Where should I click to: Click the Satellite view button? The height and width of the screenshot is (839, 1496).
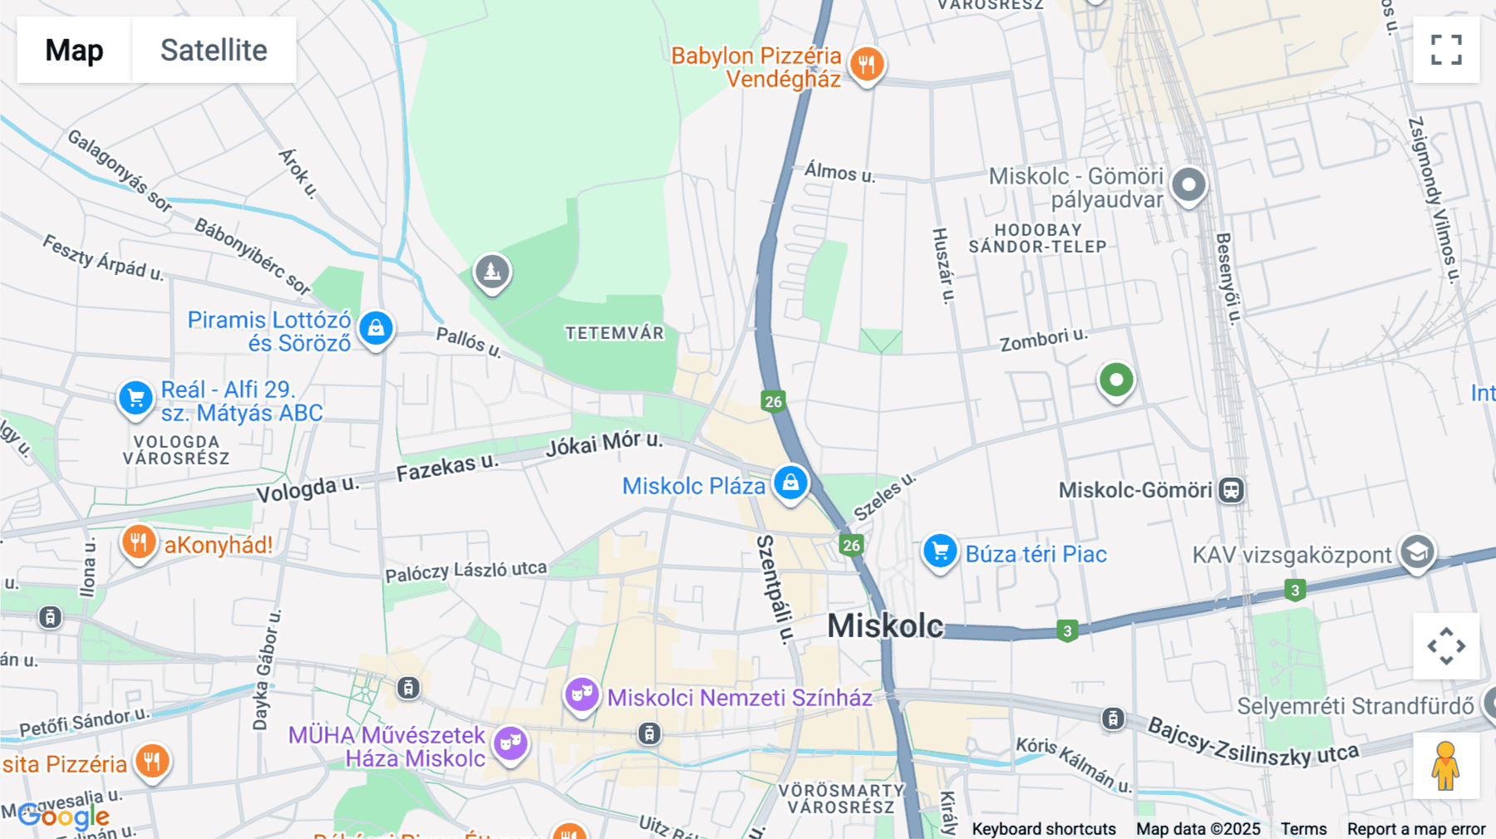[214, 50]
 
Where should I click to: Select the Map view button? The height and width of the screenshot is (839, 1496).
[74, 50]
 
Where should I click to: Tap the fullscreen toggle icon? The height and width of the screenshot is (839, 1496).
[1446, 50]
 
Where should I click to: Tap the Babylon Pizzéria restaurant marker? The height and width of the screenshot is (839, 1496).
[867, 63]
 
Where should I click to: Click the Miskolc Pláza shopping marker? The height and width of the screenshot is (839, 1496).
[790, 483]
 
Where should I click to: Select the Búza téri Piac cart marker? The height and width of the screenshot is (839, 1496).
[940, 552]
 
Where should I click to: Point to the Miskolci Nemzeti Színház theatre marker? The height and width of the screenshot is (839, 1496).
[582, 694]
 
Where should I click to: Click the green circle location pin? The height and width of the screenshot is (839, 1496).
[1116, 380]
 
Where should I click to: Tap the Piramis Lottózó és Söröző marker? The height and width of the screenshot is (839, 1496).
[376, 328]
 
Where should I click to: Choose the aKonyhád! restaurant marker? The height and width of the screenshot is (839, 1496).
[139, 543]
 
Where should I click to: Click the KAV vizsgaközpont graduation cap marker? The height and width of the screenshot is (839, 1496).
[1417, 552]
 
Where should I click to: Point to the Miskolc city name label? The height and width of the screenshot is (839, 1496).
[885, 626]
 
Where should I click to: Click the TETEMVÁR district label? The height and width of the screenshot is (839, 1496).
[615, 333]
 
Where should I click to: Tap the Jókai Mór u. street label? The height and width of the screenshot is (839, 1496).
[604, 444]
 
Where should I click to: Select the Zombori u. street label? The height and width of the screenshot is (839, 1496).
[1043, 339]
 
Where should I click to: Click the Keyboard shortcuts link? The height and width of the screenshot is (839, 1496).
[1044, 829]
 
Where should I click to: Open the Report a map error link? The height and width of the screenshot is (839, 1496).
[1416, 829]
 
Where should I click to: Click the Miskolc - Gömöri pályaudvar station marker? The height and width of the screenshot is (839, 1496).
[1188, 184]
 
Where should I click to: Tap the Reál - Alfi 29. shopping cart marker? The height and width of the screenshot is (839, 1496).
[135, 398]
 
